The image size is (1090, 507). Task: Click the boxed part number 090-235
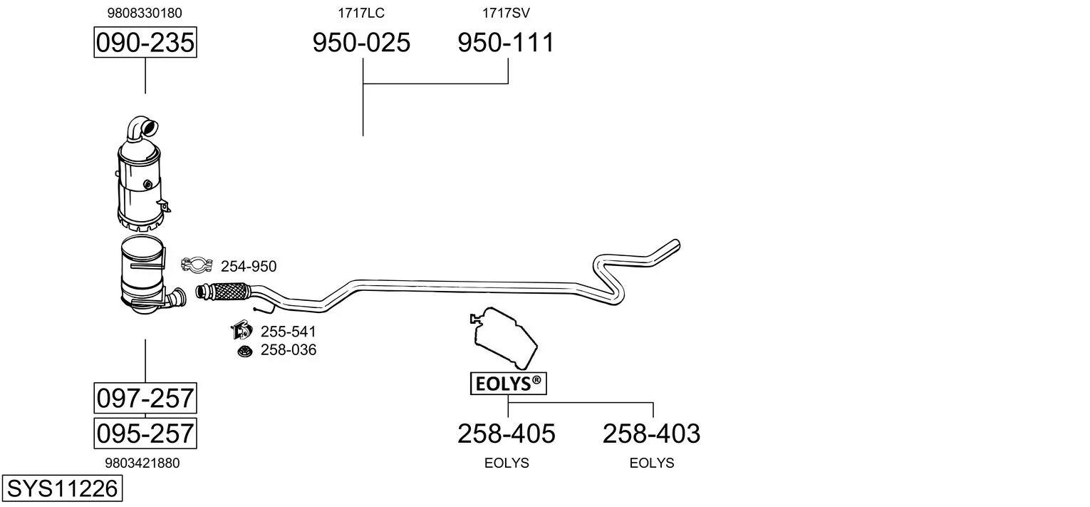(145, 42)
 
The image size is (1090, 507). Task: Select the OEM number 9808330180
(145, 13)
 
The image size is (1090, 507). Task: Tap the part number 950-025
(361, 42)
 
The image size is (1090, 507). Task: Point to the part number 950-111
(506, 42)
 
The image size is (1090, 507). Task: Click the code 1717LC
(361, 13)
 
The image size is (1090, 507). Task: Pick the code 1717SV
(506, 13)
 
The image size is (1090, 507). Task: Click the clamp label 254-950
(249, 267)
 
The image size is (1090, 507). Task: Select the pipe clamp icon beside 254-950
(197, 265)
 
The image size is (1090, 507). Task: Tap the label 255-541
(289, 332)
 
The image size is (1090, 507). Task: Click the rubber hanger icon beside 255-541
(242, 330)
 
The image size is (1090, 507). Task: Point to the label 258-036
(289, 350)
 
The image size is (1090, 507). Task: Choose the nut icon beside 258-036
(245, 351)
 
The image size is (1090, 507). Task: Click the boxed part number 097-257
(145, 398)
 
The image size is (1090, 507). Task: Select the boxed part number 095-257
(145, 433)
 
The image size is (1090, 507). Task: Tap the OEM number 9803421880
(142, 464)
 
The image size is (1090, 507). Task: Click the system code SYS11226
(62, 488)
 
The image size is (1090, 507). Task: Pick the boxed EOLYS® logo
(509, 384)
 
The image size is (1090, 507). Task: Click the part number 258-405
(507, 434)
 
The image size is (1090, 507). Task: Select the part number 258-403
(652, 434)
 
